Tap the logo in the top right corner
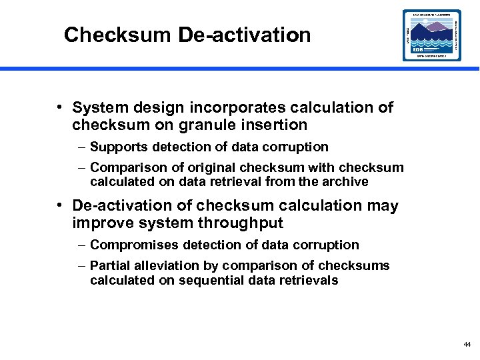[x=431, y=35]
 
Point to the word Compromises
[x=129, y=245]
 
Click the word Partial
[x=109, y=266]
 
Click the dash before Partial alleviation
[x=81, y=266]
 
